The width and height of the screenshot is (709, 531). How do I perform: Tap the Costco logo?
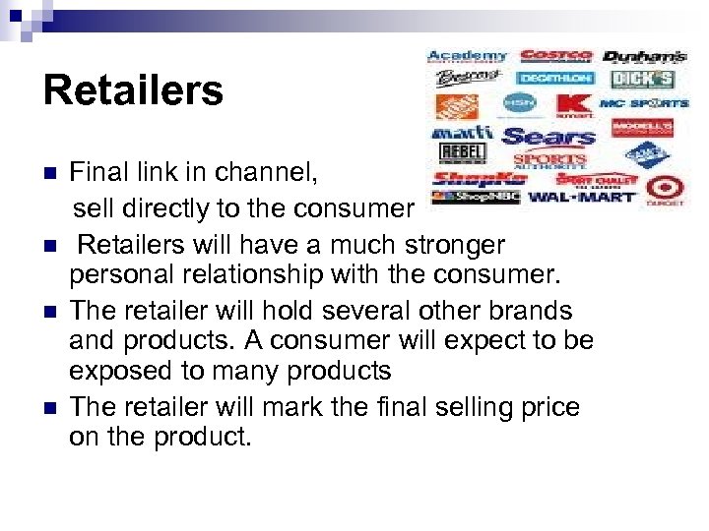coord(555,57)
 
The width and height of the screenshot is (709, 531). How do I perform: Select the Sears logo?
coord(548,136)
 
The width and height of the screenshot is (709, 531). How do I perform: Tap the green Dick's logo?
coord(642,79)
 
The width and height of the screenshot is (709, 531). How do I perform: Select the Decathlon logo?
coord(555,79)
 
